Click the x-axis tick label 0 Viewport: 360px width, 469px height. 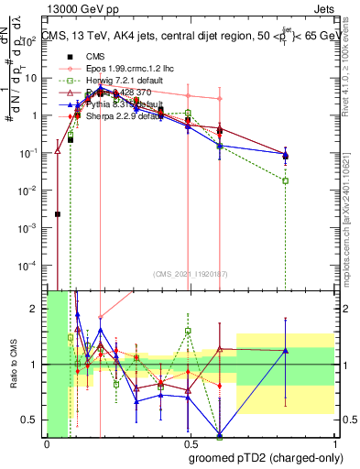[x=47, y=442]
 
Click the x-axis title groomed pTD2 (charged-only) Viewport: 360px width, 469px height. [x=266, y=457]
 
